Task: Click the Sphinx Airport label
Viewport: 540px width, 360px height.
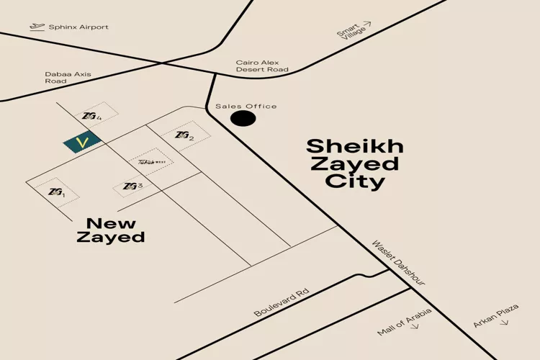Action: pos(78,27)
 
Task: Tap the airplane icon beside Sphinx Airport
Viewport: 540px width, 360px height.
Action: pos(37,27)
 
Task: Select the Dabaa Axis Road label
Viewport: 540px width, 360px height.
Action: pos(66,77)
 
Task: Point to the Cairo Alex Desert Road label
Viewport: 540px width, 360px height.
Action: pos(262,66)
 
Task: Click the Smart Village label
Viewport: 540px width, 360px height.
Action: pos(350,33)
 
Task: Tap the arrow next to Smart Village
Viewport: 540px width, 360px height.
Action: pos(367,24)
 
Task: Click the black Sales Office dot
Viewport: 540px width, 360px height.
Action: pos(243,118)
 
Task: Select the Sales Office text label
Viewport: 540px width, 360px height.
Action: pos(246,107)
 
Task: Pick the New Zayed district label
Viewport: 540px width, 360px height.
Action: pos(111,230)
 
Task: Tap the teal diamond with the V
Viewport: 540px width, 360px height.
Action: pos(82,143)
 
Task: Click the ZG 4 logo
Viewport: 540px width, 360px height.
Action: pos(91,116)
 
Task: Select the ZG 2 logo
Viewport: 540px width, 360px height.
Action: pos(184,135)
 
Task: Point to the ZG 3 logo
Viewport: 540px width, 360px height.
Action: pos(132,186)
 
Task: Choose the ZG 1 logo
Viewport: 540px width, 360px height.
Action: pos(56,192)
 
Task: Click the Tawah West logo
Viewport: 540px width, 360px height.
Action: pos(152,161)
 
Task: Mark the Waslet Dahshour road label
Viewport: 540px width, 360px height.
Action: pos(398,263)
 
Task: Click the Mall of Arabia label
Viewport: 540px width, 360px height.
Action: pos(405,321)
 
